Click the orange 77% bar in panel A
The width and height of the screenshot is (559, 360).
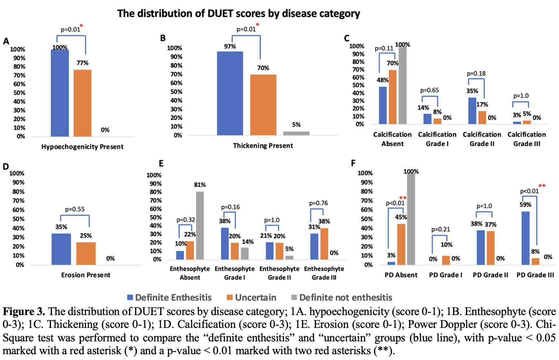tap(82, 103)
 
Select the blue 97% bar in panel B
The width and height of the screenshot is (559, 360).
tap(230, 93)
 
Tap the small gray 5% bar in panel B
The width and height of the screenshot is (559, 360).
tap(296, 133)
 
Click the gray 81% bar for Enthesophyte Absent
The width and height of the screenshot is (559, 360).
tap(200, 225)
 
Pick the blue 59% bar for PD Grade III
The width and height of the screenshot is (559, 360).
tap(526, 238)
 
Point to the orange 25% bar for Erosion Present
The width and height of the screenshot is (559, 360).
tap(86, 253)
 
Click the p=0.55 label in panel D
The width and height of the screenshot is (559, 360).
tap(75, 209)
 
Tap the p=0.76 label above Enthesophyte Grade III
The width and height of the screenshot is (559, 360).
tap(318, 203)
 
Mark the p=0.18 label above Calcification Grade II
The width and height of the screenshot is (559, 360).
tap(476, 73)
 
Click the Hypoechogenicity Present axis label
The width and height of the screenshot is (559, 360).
tap(82, 147)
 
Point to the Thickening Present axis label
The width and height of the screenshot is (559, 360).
tap(263, 146)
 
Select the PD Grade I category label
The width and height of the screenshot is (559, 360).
tap(446, 275)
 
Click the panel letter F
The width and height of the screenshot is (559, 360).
tap(353, 163)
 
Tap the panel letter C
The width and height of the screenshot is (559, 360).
tap(347, 39)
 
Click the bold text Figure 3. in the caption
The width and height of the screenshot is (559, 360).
tap(24, 312)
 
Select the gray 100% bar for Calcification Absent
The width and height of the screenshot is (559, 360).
tap(402, 85)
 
